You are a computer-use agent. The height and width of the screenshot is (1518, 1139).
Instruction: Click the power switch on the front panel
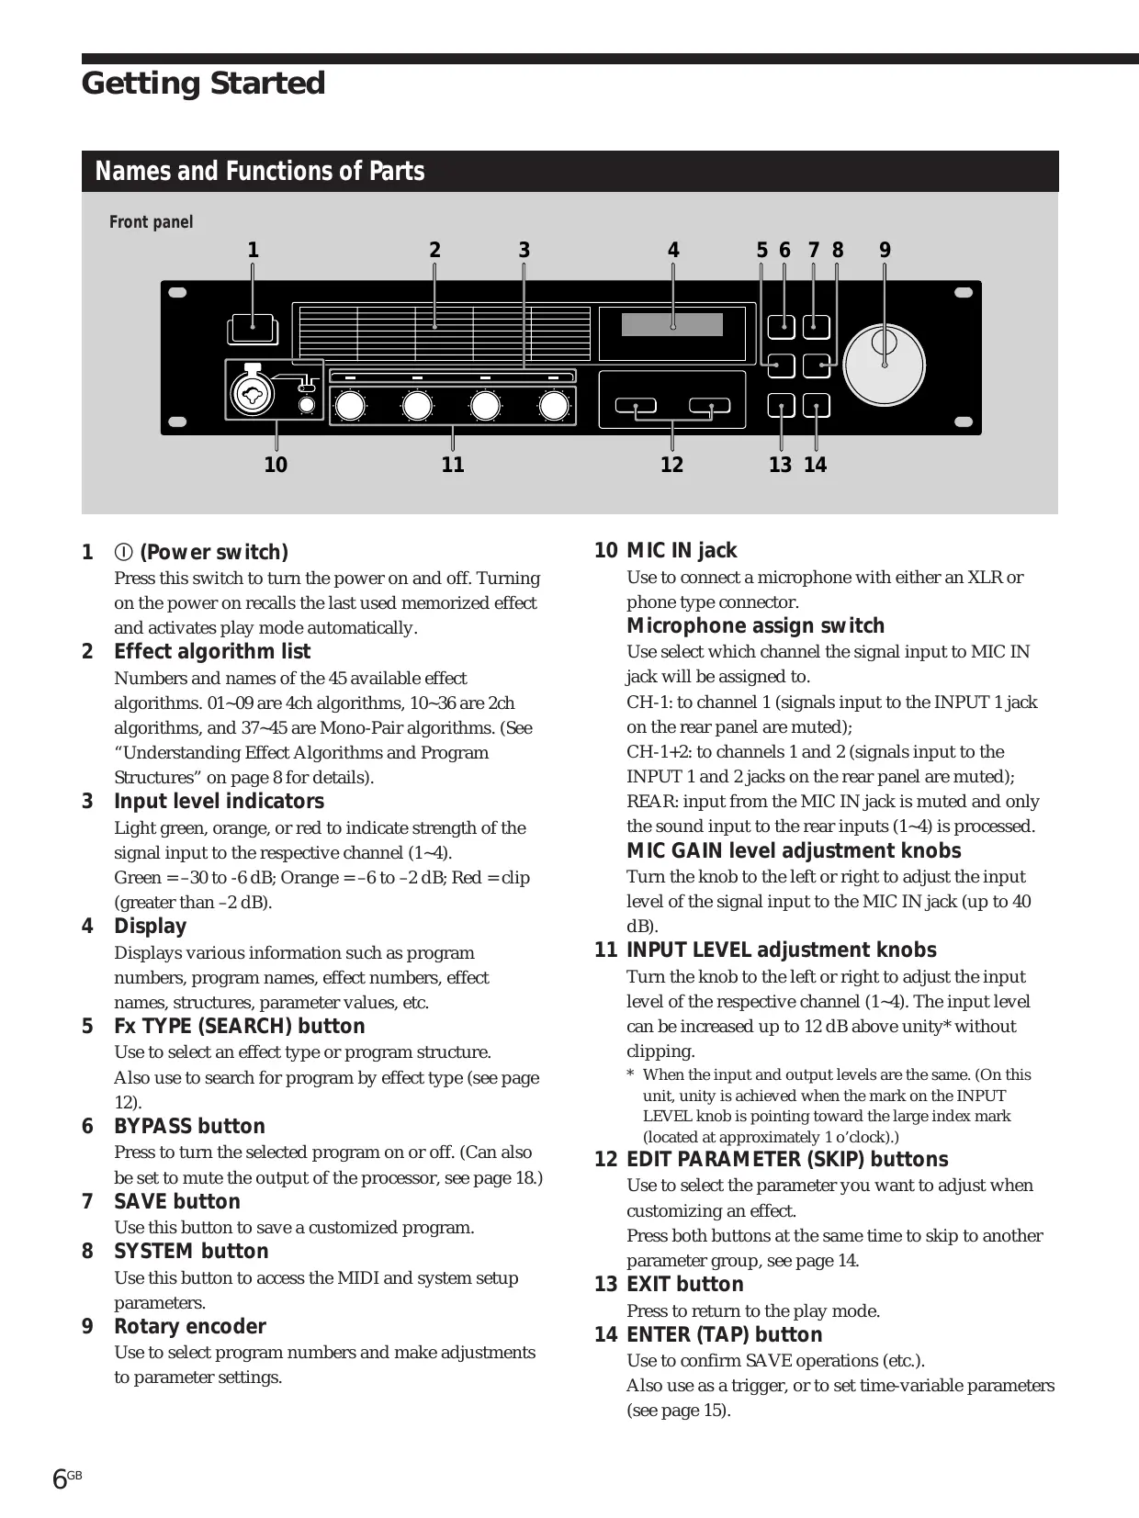[252, 327]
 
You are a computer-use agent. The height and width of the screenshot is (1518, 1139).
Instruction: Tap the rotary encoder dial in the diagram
[884, 365]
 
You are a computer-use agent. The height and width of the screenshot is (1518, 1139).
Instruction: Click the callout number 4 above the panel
[673, 250]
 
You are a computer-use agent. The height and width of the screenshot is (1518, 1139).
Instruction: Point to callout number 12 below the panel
[671, 465]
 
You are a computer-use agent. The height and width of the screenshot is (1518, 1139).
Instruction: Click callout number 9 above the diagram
[885, 250]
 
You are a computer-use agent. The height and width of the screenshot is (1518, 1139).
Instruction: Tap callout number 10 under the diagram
[276, 465]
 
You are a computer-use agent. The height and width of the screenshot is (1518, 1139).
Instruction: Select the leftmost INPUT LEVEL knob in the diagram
[350, 405]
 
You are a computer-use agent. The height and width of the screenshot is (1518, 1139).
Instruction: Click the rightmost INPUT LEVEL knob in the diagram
[554, 405]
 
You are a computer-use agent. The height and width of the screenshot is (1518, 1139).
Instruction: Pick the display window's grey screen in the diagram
[672, 324]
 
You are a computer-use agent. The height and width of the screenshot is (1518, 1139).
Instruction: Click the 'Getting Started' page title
[203, 84]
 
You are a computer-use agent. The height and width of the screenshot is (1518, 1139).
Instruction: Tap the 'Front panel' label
[151, 222]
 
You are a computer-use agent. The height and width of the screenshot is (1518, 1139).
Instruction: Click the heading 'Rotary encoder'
[189, 1326]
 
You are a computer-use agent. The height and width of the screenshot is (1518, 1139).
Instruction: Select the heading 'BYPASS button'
[189, 1126]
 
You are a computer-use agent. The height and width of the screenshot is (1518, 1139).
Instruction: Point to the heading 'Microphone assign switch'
[755, 625]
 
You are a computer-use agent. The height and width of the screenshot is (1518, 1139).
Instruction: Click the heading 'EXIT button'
[684, 1284]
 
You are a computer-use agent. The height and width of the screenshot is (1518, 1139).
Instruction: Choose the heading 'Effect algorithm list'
[212, 651]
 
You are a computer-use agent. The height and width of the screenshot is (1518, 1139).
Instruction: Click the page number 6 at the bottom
[60, 1479]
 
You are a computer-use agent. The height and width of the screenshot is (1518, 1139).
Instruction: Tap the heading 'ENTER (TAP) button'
[724, 1334]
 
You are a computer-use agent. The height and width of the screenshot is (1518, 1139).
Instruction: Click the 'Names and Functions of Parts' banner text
[260, 172]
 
